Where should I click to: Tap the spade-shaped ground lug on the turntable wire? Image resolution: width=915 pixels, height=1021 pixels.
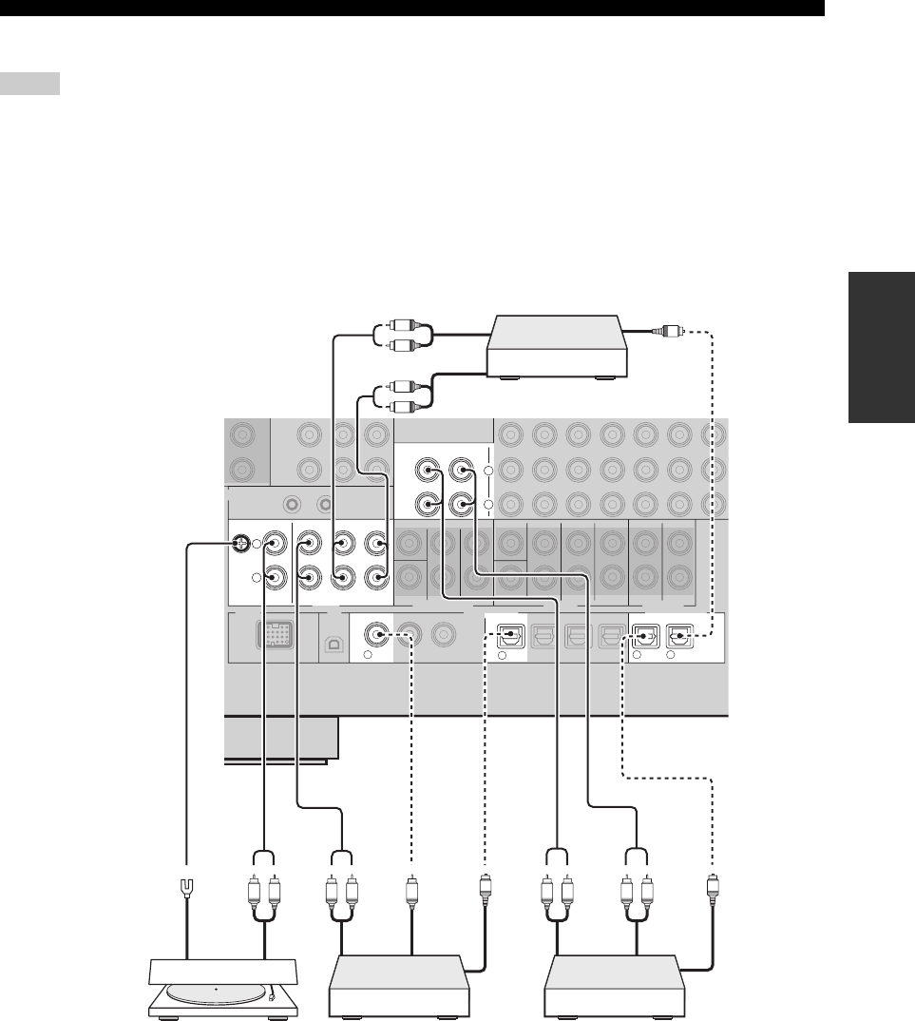pyautogui.click(x=186, y=890)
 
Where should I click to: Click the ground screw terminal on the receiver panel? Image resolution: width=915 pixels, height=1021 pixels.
pyautogui.click(x=242, y=545)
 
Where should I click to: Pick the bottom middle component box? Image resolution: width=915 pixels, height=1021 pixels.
pyautogui.click(x=398, y=989)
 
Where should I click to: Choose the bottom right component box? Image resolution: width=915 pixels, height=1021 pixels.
pyautogui.click(x=614, y=989)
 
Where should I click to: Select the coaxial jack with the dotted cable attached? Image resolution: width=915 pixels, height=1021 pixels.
pyautogui.click(x=380, y=632)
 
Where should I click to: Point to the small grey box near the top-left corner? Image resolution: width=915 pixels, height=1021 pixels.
pyautogui.click(x=30, y=84)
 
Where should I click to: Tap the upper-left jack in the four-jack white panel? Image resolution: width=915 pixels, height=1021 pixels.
pyautogui.click(x=431, y=470)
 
